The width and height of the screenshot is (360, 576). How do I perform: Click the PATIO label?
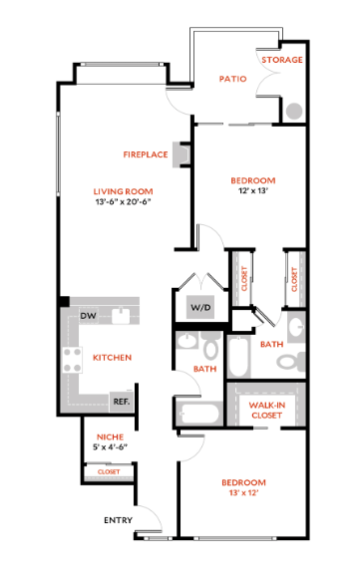point(232,78)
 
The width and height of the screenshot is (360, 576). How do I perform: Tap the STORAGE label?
point(282,60)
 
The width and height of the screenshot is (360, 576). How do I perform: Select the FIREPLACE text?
point(145,154)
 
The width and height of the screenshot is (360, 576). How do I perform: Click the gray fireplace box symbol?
point(180,154)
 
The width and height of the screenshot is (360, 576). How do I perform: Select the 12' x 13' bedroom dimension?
point(252,192)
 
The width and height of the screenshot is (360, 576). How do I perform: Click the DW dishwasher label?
point(88,315)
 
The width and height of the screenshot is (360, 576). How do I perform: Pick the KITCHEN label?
point(113,357)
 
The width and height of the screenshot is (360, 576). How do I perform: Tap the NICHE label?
point(110,436)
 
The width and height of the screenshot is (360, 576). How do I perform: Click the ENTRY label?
point(118,520)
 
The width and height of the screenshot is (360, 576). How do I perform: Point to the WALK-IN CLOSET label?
point(266,410)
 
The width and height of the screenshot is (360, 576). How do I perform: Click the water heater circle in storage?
point(294,111)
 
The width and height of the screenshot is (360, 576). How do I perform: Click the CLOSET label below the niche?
point(109,471)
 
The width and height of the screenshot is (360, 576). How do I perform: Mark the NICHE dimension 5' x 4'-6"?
point(110,447)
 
